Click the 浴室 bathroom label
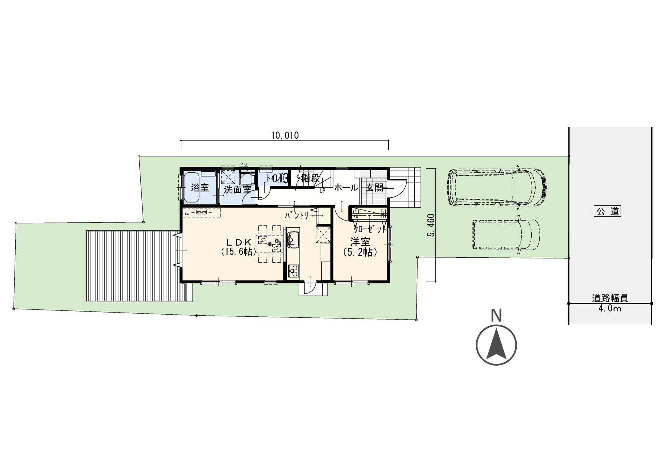200,188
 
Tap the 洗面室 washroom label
237,189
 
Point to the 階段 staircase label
310,179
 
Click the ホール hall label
346,188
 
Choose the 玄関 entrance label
375,188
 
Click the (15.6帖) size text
239,251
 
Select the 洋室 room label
360,242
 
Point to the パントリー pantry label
299,216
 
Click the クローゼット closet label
370,229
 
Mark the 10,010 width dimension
285,135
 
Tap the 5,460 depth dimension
431,225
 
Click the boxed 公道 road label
608,211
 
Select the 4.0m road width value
610,308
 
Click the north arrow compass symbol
496,345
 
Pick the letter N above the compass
497,316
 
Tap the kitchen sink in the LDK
292,239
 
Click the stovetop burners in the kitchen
293,271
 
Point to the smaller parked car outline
506,234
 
